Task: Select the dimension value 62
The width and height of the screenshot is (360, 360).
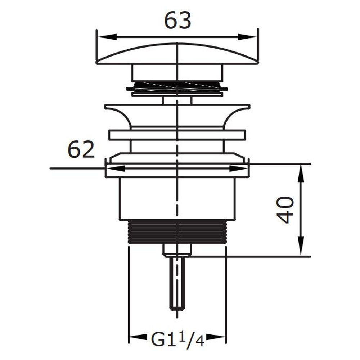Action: (81, 149)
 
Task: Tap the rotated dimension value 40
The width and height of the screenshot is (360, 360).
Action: (285, 210)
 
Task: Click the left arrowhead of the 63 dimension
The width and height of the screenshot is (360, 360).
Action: (107, 37)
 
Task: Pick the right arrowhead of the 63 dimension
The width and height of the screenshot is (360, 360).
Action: (247, 37)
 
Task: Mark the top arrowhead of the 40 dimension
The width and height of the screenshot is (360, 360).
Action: (301, 174)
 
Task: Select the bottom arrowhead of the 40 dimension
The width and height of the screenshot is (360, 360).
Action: (301, 246)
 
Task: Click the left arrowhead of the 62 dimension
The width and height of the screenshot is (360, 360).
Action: (116, 168)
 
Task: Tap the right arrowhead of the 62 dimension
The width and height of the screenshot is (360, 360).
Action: (238, 168)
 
